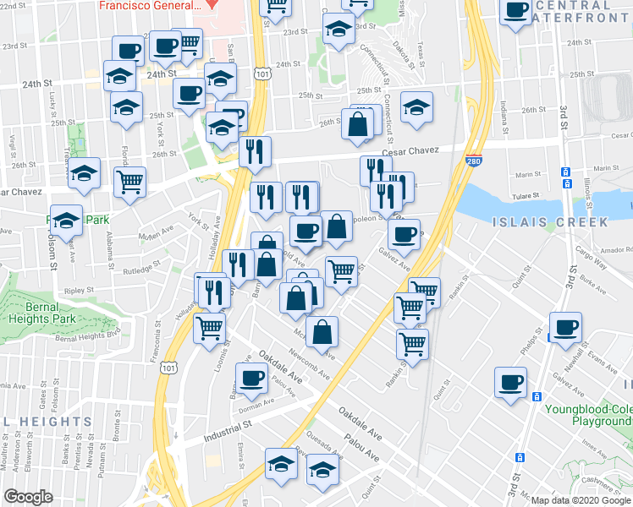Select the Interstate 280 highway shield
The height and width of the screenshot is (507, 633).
(x=473, y=160)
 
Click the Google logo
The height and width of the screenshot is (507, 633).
(x=28, y=497)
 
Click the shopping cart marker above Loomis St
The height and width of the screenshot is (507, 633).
(x=209, y=326)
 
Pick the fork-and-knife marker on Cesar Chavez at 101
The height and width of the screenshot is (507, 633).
(x=254, y=151)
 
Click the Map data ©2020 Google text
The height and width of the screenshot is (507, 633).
(x=581, y=499)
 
